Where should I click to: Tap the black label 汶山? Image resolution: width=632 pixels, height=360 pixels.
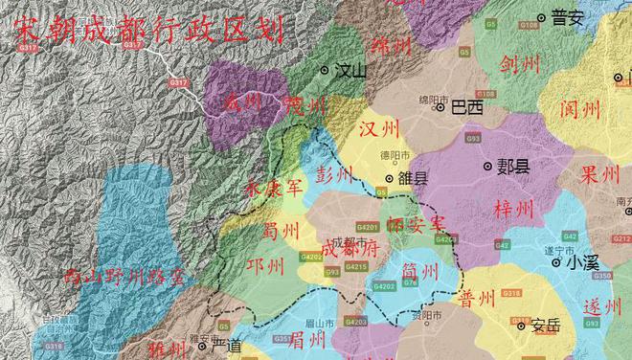click(x=350, y=70)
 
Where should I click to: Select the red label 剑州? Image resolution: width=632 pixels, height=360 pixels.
click(x=520, y=64)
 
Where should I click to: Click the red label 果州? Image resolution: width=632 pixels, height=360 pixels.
click(x=601, y=175)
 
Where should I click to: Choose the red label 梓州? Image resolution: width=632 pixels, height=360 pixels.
click(x=518, y=210)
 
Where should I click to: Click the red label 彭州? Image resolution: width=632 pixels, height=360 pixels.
click(x=334, y=174)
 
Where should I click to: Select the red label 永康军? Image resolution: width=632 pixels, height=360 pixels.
click(x=274, y=188)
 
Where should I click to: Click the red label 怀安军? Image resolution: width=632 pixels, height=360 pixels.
click(x=418, y=223)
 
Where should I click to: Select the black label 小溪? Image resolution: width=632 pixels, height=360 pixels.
click(x=582, y=260)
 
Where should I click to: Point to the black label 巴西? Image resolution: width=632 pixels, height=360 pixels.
click(x=466, y=107)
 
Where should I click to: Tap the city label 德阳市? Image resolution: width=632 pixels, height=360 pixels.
click(x=393, y=156)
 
